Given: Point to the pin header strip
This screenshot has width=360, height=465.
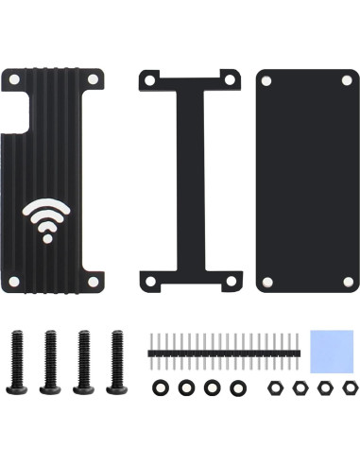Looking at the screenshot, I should pyautogui.click(x=225, y=351).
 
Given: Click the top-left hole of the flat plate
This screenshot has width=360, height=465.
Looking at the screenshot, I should pyautogui.click(x=268, y=80).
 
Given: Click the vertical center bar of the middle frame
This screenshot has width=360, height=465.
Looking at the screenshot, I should pyautogui.click(x=187, y=180).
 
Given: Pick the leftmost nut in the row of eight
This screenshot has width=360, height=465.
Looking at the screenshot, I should pyautogui.click(x=161, y=387).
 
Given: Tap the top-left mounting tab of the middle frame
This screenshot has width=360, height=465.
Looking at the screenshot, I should pyautogui.click(x=148, y=79).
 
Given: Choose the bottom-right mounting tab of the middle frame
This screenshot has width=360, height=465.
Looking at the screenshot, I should pyautogui.click(x=228, y=281).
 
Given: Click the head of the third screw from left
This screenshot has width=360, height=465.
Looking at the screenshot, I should pyautogui.click(x=84, y=387).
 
